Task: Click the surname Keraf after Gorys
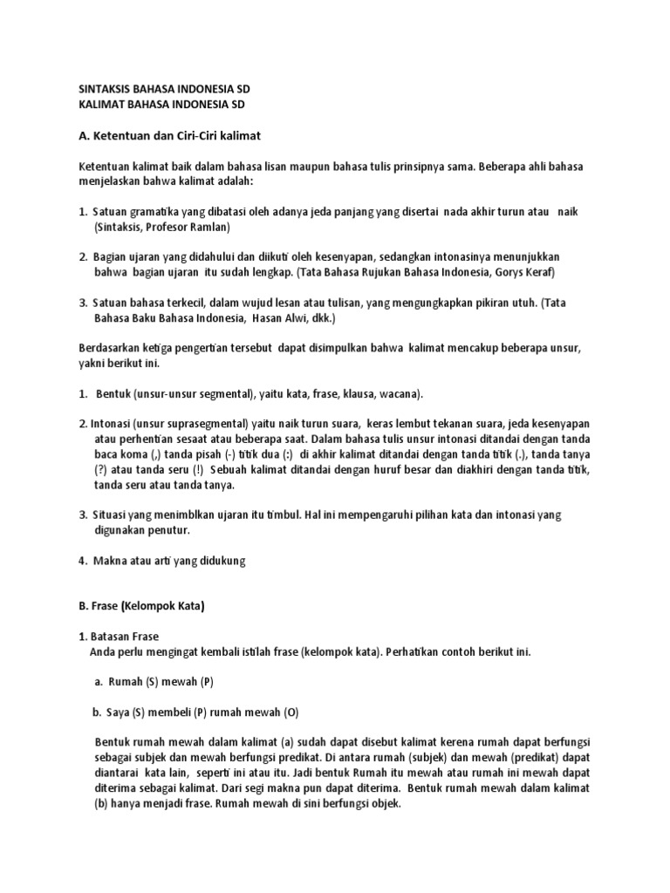(537, 272)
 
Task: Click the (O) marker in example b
(291, 712)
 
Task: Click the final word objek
(385, 803)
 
